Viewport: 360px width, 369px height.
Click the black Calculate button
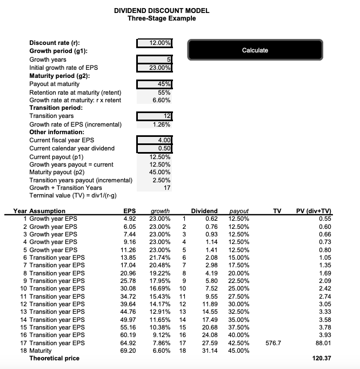pos(255,50)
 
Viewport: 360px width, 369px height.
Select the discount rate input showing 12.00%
pos(155,43)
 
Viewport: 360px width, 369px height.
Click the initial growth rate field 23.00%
pos(155,68)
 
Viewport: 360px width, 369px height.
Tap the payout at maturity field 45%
pos(155,84)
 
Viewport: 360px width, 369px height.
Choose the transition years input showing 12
pos(155,116)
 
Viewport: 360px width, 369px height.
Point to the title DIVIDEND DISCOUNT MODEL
pos(162,11)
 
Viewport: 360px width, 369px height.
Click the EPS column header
pos(130,211)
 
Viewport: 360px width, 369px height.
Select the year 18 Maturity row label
pos(39,351)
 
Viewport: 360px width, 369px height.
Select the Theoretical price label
pos(54,358)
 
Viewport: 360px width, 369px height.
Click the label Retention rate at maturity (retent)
pos(75,93)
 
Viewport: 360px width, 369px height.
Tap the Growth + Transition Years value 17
pos(167,188)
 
